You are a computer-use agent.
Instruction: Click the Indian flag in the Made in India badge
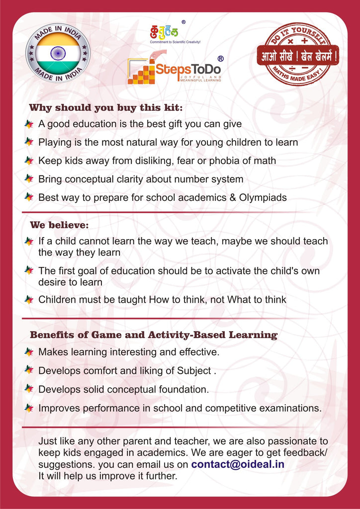tap(58, 53)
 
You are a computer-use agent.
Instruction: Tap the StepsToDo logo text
tap(187, 70)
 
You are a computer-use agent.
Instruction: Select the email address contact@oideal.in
tap(238, 464)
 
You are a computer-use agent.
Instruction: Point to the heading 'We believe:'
tap(59, 225)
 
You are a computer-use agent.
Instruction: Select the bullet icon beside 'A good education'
tap(29, 124)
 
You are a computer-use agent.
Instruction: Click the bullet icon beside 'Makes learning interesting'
tap(29, 352)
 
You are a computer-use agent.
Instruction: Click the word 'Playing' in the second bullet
tap(55, 142)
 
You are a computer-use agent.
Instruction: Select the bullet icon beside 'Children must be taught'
tap(29, 299)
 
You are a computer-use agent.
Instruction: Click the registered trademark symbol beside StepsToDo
tap(220, 59)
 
